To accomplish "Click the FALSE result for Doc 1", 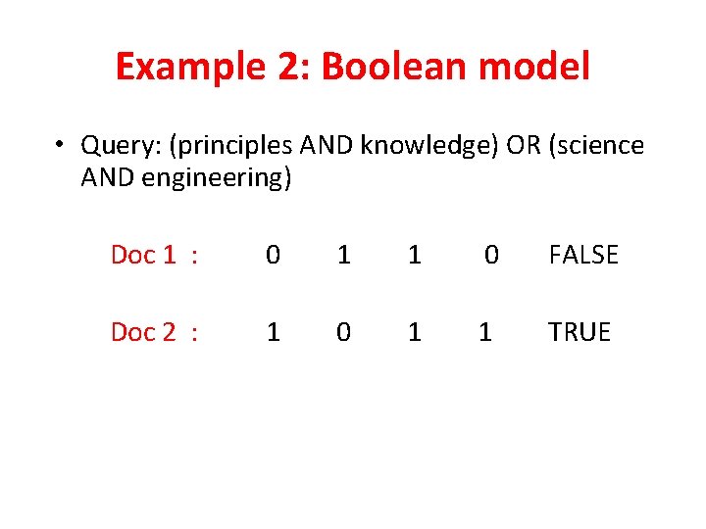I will click(583, 256).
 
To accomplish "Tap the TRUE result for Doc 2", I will click(580, 332).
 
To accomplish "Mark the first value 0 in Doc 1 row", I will click(274, 256).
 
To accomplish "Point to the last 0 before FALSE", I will click(492, 256).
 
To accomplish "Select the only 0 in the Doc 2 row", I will click(343, 332).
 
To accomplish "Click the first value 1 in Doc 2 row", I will click(274, 332).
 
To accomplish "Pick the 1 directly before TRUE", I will click(484, 332).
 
